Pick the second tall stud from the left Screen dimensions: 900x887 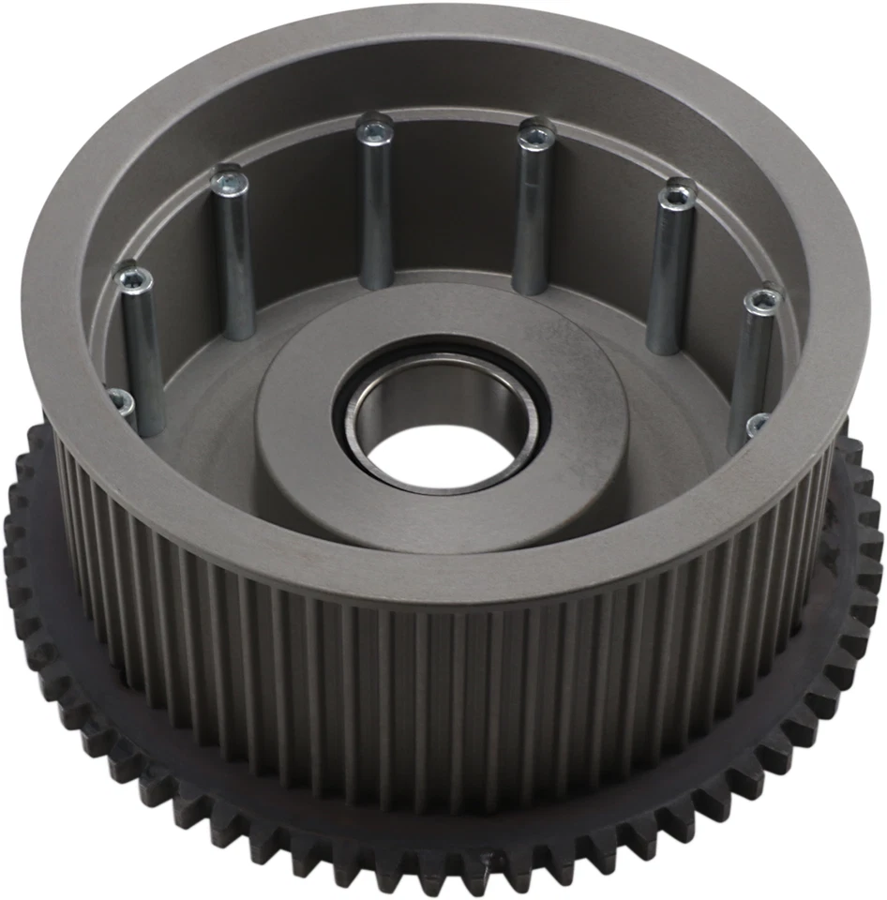(234, 262)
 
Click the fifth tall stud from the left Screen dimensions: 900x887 (669, 272)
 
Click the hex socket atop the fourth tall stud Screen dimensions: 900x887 (536, 137)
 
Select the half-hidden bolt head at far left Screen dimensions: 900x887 (119, 401)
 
